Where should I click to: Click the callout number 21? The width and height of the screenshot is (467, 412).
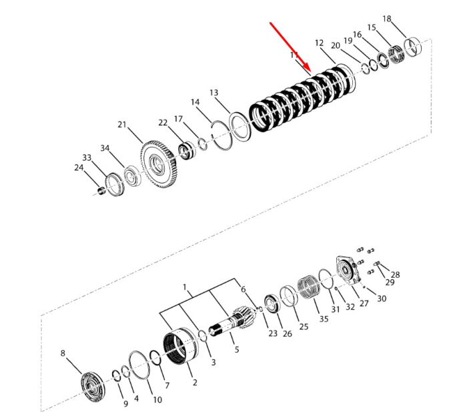tap(122, 125)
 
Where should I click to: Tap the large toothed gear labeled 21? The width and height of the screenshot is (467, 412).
tap(159, 164)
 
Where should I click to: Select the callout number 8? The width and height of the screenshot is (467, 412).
tap(63, 353)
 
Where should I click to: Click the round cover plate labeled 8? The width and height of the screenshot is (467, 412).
tap(93, 387)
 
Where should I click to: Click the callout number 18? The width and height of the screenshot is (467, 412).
tap(386, 19)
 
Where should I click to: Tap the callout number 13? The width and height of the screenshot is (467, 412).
tap(214, 93)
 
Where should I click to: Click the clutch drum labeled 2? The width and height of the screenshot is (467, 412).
tap(181, 345)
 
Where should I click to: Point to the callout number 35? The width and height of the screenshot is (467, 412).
tap(324, 319)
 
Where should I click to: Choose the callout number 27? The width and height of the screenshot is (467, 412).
tap(364, 303)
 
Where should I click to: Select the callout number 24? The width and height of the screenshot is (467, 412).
tap(79, 168)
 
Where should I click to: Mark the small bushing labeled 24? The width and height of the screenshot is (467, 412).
tap(101, 190)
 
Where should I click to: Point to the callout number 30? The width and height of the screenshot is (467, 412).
tap(382, 298)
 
